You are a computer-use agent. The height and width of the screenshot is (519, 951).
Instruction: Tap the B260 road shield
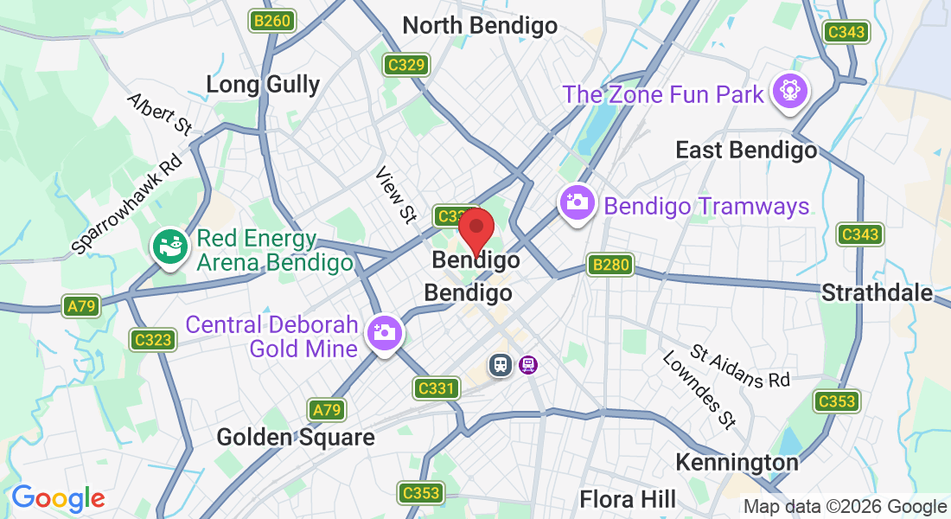click(x=272, y=21)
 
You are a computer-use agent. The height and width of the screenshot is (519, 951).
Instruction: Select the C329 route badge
click(x=406, y=65)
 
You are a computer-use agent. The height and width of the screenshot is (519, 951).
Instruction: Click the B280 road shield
click(x=610, y=266)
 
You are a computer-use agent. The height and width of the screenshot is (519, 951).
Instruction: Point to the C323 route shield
click(x=153, y=340)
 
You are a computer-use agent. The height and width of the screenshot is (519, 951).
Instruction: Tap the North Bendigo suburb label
click(x=480, y=26)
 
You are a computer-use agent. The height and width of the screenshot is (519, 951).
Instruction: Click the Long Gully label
click(x=263, y=84)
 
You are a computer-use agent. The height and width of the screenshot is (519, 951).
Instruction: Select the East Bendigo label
click(x=746, y=151)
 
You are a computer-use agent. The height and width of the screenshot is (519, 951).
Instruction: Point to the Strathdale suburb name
click(x=877, y=292)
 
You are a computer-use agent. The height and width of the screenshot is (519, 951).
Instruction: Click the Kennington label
click(x=737, y=462)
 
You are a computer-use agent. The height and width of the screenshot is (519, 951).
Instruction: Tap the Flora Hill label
click(x=628, y=499)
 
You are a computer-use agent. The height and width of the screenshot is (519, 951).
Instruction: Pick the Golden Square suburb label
click(x=296, y=437)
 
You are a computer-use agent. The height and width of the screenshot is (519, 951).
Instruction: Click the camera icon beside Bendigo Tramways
click(x=577, y=203)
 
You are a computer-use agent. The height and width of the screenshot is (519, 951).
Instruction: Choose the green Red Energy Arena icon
click(x=169, y=246)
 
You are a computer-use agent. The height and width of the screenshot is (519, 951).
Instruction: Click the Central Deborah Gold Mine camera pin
click(x=383, y=332)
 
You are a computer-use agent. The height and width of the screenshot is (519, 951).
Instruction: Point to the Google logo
click(x=58, y=498)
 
